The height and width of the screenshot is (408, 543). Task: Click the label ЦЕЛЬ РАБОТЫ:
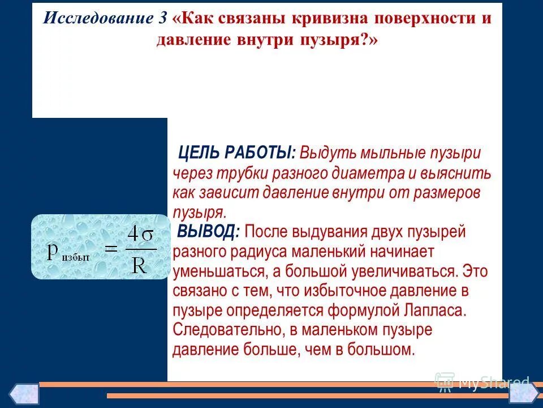[237, 153]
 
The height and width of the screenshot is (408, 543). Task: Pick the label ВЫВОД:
[209, 231]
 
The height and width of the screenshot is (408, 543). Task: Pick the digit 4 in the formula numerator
[133, 233]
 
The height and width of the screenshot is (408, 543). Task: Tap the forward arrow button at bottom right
[523, 394]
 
